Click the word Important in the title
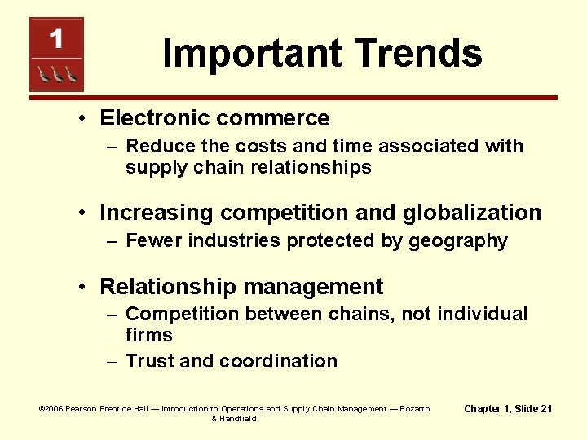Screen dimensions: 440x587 pyautogui.click(x=249, y=54)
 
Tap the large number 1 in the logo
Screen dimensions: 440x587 pyautogui.click(x=55, y=38)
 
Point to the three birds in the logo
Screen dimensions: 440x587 pyautogui.click(x=55, y=75)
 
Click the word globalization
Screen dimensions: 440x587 pyautogui.click(x=471, y=213)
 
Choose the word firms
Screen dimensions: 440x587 pyautogui.click(x=148, y=335)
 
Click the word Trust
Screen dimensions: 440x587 pyautogui.click(x=150, y=361)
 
